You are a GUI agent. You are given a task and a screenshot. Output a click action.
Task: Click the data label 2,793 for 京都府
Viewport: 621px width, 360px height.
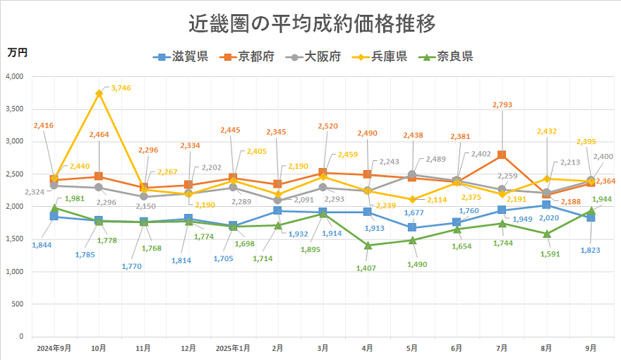pyautogui.click(x=502, y=104)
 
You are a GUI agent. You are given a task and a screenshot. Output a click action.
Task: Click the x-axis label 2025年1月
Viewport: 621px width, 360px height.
pyautogui.click(x=233, y=348)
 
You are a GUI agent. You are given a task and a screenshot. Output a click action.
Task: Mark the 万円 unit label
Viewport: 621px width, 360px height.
pyautogui.click(x=18, y=52)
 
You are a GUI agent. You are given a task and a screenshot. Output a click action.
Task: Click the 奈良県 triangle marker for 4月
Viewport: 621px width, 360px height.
pyautogui.click(x=367, y=245)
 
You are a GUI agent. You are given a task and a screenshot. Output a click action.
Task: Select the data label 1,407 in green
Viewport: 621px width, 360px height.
pyautogui.click(x=367, y=268)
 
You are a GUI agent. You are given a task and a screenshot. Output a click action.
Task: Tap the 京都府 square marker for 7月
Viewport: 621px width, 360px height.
pyautogui.click(x=502, y=155)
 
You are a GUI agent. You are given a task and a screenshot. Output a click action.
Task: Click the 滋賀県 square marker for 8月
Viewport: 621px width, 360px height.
pyautogui.click(x=547, y=205)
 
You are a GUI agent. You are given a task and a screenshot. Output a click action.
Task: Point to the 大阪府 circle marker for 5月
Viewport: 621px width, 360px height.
pyautogui.click(x=412, y=174)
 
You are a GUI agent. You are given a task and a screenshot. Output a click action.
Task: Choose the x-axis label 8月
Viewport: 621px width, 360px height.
pyautogui.click(x=547, y=348)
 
